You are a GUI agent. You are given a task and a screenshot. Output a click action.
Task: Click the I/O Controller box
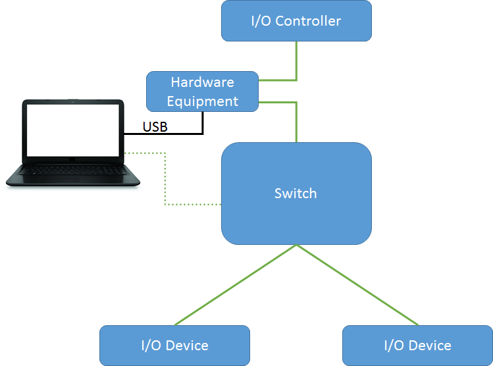[x=296, y=20]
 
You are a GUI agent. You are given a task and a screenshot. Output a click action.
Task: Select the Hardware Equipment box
[x=202, y=91]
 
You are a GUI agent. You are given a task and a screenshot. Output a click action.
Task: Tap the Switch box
[x=296, y=194]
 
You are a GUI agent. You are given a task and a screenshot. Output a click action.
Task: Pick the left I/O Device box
[x=174, y=345]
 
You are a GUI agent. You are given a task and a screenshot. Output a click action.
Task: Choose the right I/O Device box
[x=417, y=345]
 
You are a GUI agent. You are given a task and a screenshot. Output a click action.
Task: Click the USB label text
[x=155, y=126]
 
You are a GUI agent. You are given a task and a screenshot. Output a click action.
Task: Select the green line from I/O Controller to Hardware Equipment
[x=296, y=63]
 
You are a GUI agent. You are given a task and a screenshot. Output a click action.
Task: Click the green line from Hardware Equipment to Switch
[x=296, y=122]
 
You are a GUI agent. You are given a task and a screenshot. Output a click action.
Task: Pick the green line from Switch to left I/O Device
[x=235, y=285]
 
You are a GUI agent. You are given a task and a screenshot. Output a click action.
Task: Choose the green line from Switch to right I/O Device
[x=357, y=285]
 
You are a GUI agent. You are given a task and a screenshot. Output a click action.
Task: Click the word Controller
[x=308, y=20]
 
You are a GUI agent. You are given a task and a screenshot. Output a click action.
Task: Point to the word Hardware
[x=202, y=82]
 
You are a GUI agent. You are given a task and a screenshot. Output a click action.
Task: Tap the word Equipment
[x=202, y=101]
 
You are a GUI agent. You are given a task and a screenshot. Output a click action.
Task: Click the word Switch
[x=296, y=194]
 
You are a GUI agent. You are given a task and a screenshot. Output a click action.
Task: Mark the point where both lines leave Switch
[x=296, y=245]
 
